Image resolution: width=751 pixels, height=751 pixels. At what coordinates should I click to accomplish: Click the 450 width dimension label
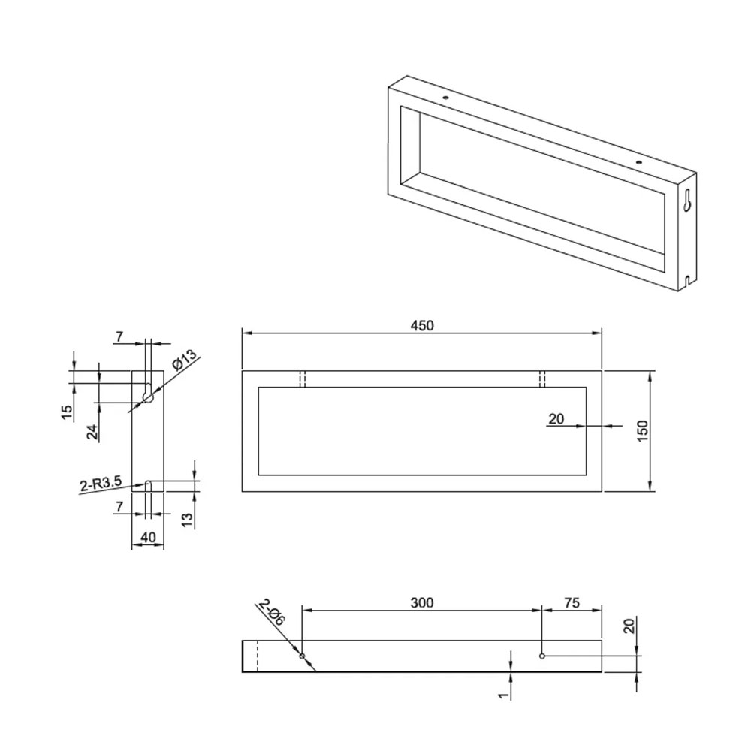(x=421, y=326)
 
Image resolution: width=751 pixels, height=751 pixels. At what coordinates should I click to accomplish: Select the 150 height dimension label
(x=643, y=431)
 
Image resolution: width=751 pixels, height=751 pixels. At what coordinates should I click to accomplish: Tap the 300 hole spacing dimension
(x=421, y=602)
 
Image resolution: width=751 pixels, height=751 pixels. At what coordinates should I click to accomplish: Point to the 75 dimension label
(x=572, y=602)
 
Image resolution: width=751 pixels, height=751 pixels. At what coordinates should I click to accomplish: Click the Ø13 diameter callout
(x=184, y=360)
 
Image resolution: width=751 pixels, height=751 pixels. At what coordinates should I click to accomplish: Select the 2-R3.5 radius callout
(x=101, y=484)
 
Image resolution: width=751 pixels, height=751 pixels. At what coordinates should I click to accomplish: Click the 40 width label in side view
(x=148, y=538)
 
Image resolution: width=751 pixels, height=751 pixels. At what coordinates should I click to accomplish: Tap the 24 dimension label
(x=92, y=432)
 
